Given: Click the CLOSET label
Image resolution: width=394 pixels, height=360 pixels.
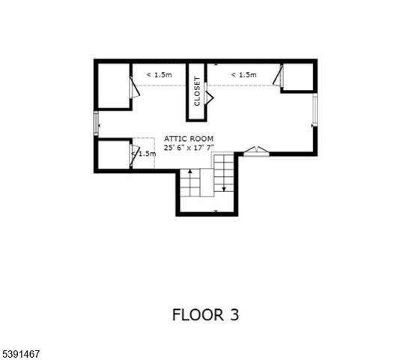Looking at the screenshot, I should click(x=197, y=91).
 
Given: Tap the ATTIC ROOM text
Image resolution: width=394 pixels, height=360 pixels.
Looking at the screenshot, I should click(x=190, y=139).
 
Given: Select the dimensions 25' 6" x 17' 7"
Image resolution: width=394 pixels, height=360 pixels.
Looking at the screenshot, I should click(x=190, y=148).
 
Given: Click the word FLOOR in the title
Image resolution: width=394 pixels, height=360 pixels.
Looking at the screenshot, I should click(x=196, y=314).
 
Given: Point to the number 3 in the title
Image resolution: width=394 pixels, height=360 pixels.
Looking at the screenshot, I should click(x=234, y=314).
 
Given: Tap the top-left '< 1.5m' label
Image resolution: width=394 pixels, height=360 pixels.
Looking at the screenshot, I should click(x=159, y=75).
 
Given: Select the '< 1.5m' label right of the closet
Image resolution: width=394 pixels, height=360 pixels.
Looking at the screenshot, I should click(x=243, y=75).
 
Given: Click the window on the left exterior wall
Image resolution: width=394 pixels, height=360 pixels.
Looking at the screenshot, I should click(x=95, y=124).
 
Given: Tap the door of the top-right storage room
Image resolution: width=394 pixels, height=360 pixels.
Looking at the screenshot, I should click(x=279, y=76).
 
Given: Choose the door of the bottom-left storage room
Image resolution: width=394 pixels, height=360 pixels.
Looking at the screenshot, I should click(x=135, y=154).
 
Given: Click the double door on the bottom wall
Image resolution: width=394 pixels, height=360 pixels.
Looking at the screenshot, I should click(x=255, y=151).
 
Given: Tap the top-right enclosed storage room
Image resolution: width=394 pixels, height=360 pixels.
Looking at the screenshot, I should click(x=297, y=76).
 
